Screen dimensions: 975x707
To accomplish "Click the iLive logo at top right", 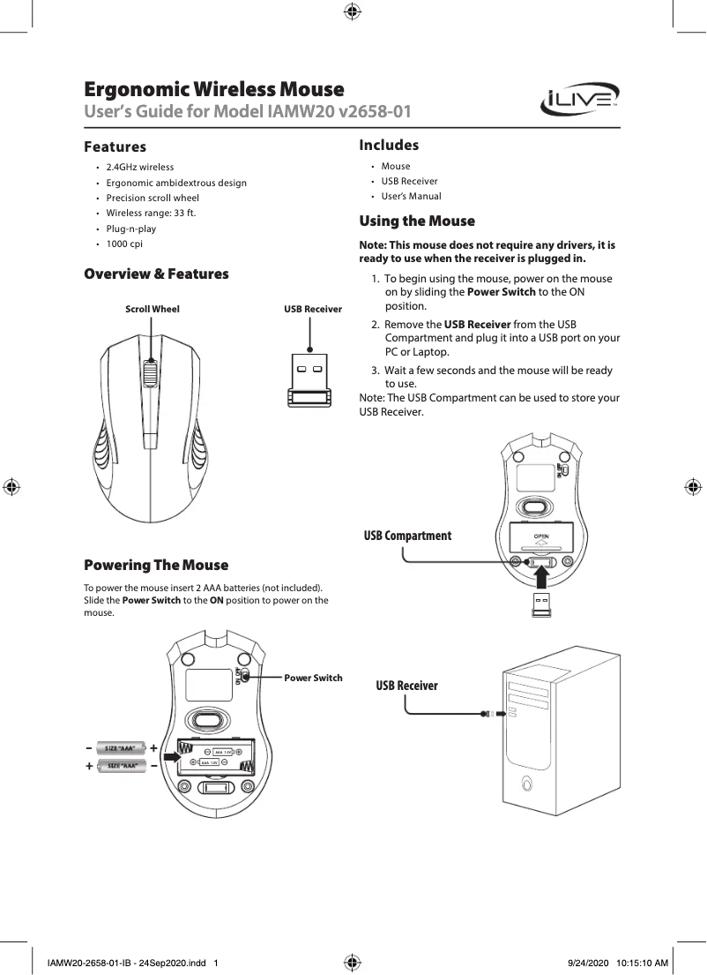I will [579, 100].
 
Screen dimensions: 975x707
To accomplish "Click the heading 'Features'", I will [115, 146].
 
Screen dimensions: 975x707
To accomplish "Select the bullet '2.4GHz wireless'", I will [139, 167].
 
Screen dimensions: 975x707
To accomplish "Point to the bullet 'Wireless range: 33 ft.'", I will [152, 213].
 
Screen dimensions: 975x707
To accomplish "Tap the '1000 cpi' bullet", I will [124, 244].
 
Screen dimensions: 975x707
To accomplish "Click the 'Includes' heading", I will [389, 145].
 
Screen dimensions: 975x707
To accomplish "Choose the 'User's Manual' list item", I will [411, 196].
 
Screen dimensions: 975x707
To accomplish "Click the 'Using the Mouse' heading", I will [417, 221].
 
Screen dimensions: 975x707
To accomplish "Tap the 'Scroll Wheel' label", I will [152, 309].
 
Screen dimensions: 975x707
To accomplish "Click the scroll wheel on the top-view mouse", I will [152, 374].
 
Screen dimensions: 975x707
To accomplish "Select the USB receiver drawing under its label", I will [309, 381].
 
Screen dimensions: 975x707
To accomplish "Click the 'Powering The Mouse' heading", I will [155, 565].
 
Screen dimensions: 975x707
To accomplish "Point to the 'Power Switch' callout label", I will [313, 678].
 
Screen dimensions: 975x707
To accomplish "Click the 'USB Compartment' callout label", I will [407, 536].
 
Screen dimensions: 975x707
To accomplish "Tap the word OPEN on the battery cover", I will [540, 536].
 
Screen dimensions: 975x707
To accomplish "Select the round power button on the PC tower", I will [526, 783].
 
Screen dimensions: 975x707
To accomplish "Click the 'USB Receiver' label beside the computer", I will [406, 686].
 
